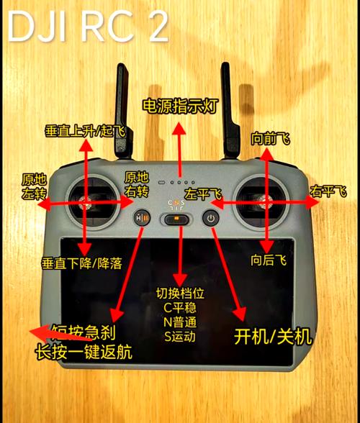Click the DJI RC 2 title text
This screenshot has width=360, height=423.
86,27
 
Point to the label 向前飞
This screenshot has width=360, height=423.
269,138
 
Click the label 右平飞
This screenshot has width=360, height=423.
328,191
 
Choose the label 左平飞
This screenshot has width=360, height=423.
204,194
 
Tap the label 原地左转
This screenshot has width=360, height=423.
32,187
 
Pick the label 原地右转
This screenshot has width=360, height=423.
137,184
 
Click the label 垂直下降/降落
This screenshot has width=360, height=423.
81,263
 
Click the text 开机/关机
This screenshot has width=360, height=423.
274,336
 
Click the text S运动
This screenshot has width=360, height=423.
179,336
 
